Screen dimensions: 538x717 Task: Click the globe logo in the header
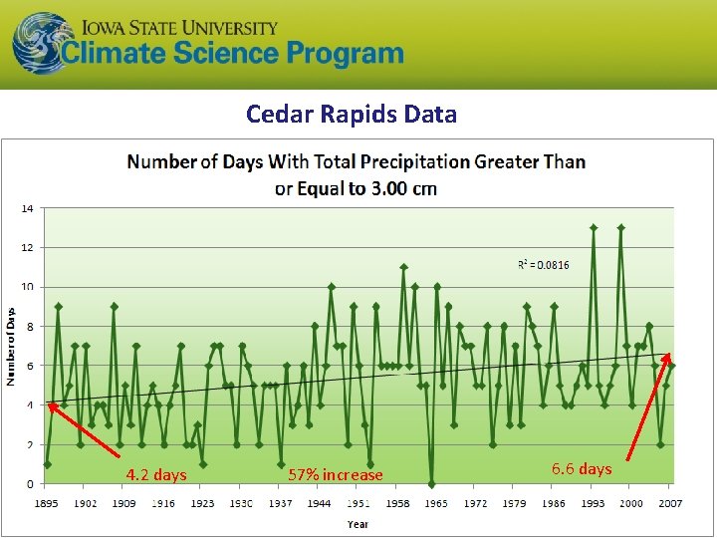click(43, 43)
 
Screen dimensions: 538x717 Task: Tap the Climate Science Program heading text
click(232, 54)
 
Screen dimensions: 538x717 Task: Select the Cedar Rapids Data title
click(352, 114)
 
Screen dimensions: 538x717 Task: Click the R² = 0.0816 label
click(544, 264)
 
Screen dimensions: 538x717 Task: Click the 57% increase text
click(335, 474)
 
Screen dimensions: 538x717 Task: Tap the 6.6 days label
click(582, 468)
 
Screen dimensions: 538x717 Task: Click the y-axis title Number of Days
click(11, 346)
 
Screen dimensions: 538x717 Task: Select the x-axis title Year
click(358, 523)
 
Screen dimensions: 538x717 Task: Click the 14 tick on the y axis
click(27, 208)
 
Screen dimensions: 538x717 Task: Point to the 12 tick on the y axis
click(27, 247)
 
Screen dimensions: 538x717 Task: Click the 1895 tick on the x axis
click(47, 503)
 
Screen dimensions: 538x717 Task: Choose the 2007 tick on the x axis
click(670, 503)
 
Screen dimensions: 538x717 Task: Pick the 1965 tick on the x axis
click(435, 503)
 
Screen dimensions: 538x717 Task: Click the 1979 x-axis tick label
click(514, 503)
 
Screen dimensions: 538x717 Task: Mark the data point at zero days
click(431, 484)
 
